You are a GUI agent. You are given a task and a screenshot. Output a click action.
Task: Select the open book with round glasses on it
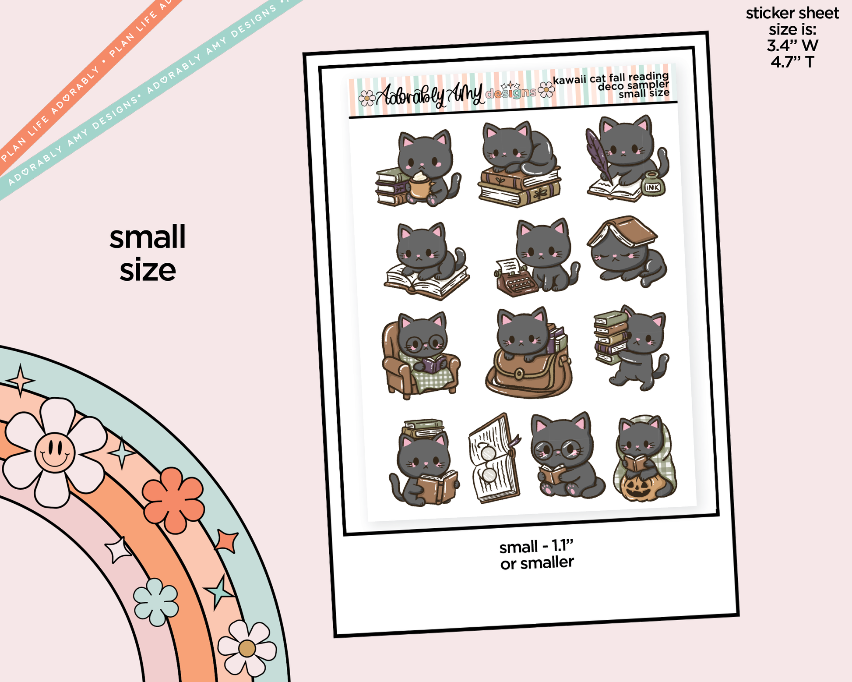pyautogui.click(x=494, y=458)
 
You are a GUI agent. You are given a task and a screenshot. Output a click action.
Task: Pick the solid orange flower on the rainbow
pyautogui.click(x=173, y=500)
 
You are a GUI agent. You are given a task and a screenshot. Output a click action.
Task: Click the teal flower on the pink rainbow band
pyautogui.click(x=156, y=602)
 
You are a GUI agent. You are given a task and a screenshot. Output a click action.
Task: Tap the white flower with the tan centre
pyautogui.click(x=247, y=647)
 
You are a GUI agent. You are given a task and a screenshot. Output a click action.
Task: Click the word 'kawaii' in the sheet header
pyautogui.click(x=569, y=80)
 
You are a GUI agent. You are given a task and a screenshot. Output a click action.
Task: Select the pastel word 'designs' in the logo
pyautogui.click(x=511, y=92)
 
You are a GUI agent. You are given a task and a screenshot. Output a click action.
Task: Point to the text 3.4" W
pyautogui.click(x=792, y=46)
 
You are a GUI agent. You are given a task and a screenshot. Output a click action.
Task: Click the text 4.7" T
pyautogui.click(x=792, y=62)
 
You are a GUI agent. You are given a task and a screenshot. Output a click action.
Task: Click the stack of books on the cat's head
pyautogui.click(x=423, y=428)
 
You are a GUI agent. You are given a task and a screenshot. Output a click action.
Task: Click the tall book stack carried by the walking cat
pyautogui.click(x=610, y=336)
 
